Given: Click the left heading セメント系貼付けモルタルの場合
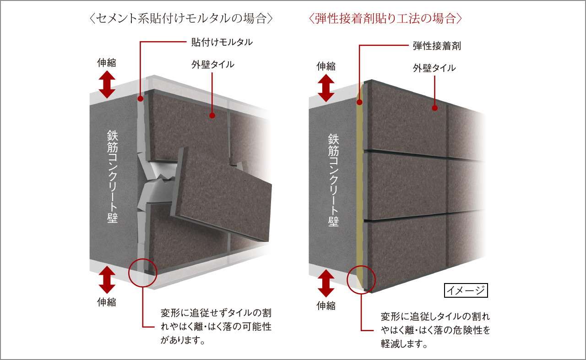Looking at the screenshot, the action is pos(181,19).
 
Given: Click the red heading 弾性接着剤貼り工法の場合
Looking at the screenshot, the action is pos(385,19).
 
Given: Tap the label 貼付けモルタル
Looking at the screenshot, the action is pos(222,42).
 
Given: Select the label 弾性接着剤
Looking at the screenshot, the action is pos(437,46).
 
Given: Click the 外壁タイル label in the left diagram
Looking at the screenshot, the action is pos(213,65).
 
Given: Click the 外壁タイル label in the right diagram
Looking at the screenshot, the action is pos(434,68).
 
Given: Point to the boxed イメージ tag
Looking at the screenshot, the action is pos(466,290).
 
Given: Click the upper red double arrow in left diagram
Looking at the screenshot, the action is pos(107,85).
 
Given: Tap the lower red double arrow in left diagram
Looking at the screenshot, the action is pos(107,280).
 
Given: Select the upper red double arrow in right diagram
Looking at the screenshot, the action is pos(326,88).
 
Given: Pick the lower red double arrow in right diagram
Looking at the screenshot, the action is pos(326,284).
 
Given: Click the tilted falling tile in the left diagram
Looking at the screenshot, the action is pos(221,195).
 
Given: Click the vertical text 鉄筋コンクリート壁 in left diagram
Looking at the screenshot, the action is pos(113,177).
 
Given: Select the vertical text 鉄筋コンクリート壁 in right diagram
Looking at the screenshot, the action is pos(333,180).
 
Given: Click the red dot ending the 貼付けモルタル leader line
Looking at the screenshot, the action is pos(141,99).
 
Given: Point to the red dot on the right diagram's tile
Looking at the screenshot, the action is pos(434,108).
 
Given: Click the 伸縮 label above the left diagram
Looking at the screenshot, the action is pos(107,63).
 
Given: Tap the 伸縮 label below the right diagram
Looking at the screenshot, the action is pos(326,305).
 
